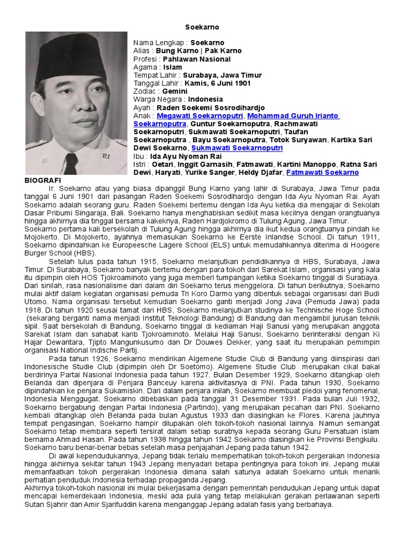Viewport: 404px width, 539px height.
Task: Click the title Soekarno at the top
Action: [202, 27]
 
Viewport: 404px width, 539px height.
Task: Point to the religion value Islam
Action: [173, 67]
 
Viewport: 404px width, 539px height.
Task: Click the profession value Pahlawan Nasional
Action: [195, 59]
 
